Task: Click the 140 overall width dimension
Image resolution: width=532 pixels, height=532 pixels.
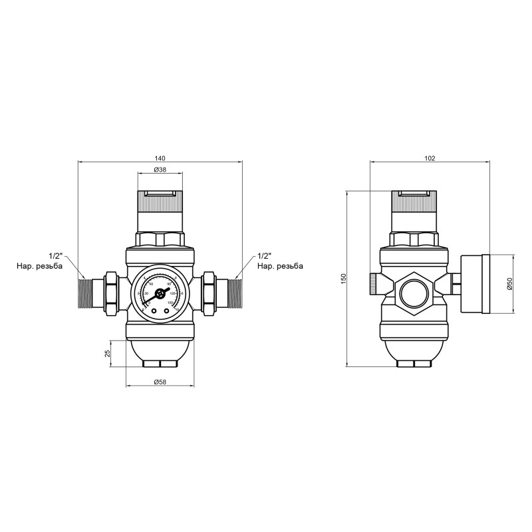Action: pos(160,158)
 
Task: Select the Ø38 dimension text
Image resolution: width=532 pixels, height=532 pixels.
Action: pos(160,170)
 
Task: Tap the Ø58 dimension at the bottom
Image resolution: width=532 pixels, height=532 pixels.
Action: pos(160,382)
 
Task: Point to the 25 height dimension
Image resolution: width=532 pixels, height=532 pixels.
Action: pos(108,354)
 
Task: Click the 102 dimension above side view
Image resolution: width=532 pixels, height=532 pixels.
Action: pos(429,158)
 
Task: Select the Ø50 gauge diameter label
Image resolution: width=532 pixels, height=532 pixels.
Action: pos(509,285)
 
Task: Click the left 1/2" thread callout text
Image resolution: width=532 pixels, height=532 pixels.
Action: pos(56,256)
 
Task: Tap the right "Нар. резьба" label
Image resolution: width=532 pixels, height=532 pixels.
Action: pos(280,266)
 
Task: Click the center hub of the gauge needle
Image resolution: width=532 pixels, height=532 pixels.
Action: pos(159,293)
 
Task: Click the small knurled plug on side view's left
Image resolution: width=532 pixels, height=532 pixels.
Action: pos(372,285)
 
